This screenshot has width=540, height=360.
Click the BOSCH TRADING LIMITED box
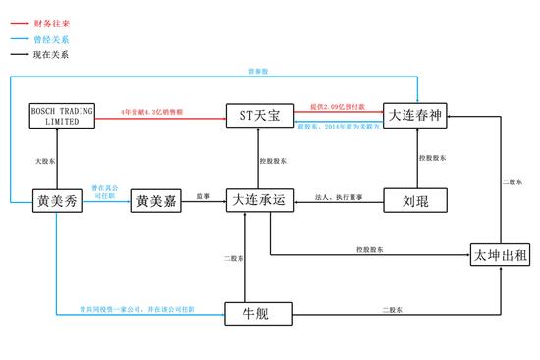[62, 116]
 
